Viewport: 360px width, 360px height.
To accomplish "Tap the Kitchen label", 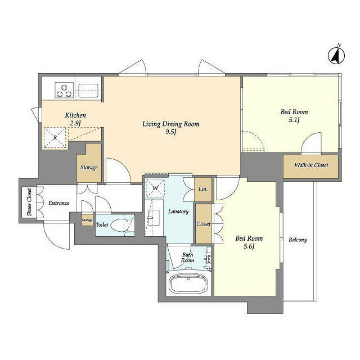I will (75, 115).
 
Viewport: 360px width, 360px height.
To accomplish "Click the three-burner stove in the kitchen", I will (64, 90).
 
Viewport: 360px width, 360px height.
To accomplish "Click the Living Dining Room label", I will (170, 124).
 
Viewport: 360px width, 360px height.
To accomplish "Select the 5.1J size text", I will (294, 120).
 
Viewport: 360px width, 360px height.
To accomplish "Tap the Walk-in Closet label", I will (311, 165).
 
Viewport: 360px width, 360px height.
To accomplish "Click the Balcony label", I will (298, 240).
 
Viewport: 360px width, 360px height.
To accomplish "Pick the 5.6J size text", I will (248, 246).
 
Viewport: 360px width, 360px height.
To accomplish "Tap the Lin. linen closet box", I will (202, 189).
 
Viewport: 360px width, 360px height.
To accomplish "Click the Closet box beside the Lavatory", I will (203, 224).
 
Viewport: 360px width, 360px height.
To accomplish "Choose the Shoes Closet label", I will (29, 203).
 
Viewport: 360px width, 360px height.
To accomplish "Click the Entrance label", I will (58, 203).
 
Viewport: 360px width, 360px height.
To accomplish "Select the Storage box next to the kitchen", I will (89, 167).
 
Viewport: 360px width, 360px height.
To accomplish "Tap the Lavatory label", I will (178, 211).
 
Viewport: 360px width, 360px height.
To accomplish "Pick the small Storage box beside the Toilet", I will (87, 220).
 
